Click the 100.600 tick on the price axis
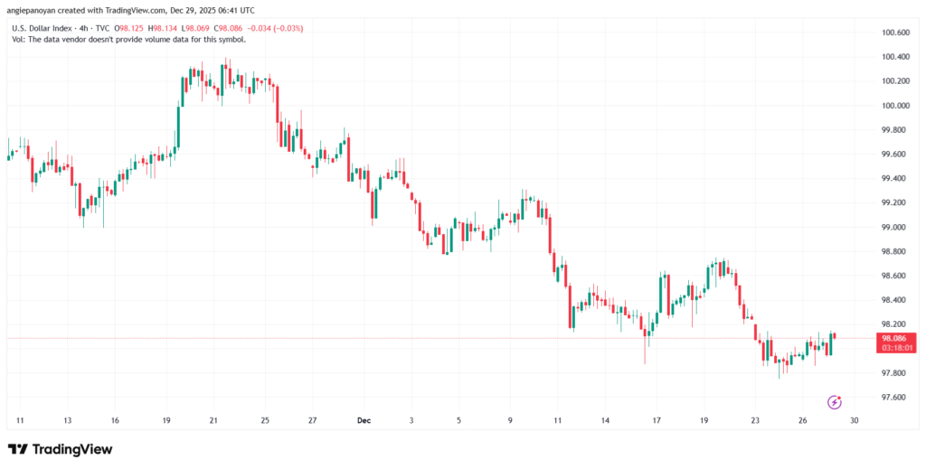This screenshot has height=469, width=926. (894, 33)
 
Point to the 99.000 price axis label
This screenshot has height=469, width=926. (894, 227)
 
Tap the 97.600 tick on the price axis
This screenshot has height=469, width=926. (894, 398)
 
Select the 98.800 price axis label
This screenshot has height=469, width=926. (894, 251)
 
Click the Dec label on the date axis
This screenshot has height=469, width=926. (364, 420)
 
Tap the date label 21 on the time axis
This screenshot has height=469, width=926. (213, 420)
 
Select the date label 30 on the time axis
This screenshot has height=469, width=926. (854, 420)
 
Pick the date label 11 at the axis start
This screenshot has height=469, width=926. (20, 420)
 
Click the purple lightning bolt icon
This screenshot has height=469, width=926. (835, 401)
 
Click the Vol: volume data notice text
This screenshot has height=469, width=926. (128, 39)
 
